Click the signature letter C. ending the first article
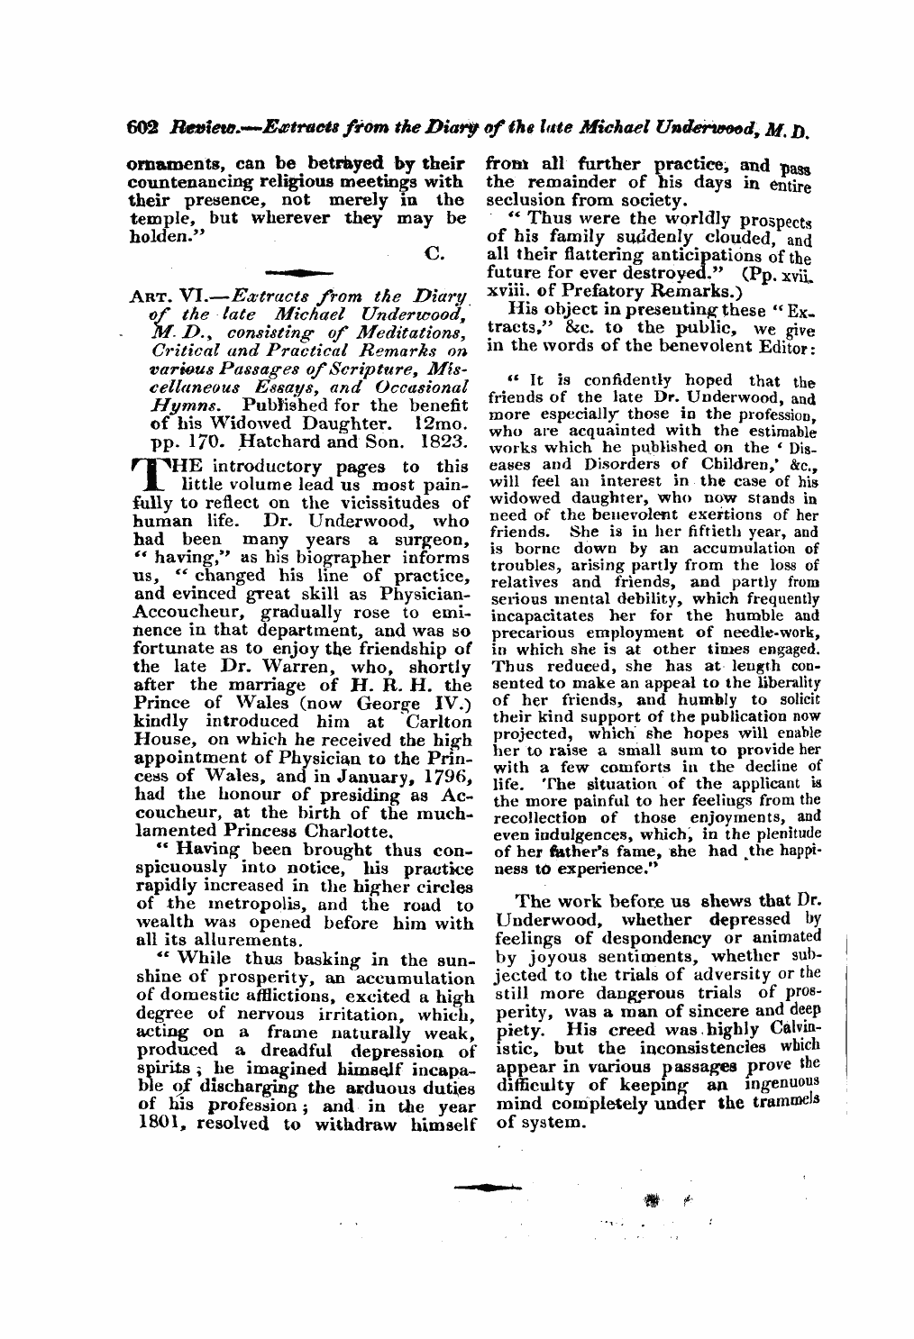[434, 254]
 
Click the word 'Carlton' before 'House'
[440, 721]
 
